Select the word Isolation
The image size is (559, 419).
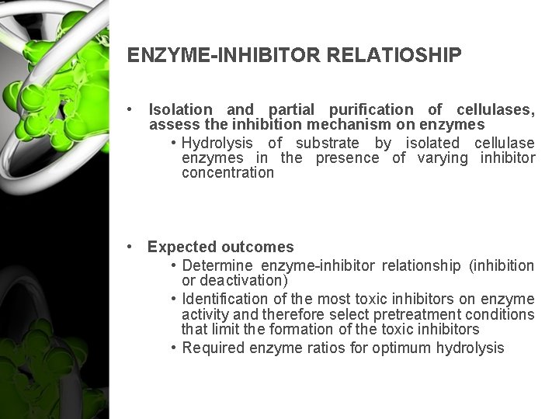tap(179, 110)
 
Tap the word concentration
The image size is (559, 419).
tap(227, 173)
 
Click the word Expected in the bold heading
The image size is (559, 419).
tap(182, 248)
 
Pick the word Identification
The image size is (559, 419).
tap(222, 299)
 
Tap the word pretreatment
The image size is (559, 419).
tap(384, 314)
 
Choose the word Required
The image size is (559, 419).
tap(213, 348)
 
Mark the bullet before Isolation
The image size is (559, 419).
tap(135, 110)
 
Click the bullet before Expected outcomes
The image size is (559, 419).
tap(135, 248)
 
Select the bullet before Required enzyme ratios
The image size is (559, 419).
tap(174, 348)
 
